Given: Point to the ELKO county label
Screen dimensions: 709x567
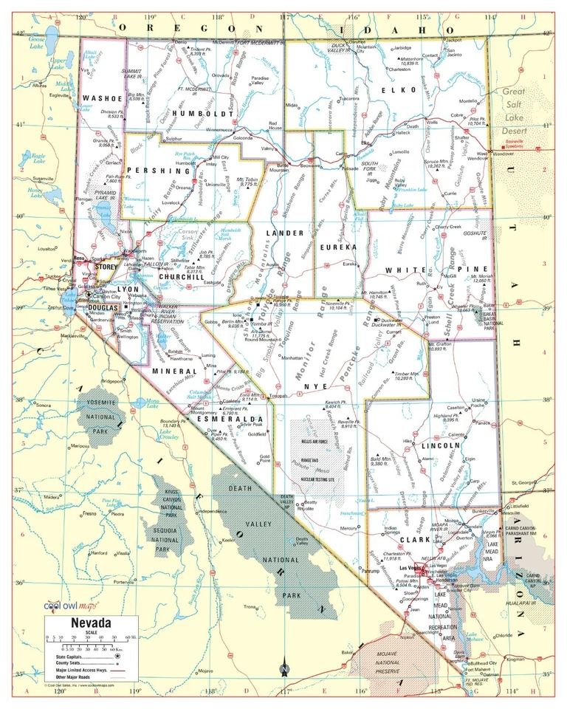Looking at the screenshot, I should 389,90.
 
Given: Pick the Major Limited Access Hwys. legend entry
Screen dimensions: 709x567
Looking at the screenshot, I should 82,670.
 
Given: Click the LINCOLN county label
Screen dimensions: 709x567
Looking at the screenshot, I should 441,445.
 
